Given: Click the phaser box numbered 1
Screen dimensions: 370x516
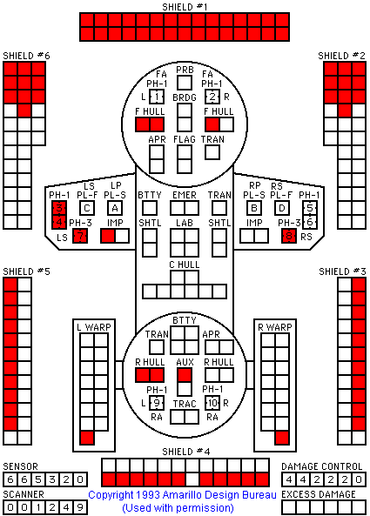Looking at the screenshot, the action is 157,97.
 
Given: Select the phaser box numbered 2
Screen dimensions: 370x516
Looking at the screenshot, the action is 212,97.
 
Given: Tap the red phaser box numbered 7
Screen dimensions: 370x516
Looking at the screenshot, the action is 80,237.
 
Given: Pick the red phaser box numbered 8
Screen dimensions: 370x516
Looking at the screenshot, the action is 289,237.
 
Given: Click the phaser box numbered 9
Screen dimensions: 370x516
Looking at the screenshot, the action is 157,403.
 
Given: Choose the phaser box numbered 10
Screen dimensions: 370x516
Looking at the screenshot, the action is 212,403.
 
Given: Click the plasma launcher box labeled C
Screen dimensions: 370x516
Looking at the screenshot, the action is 87,208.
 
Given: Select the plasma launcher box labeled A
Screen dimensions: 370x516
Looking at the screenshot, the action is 115,208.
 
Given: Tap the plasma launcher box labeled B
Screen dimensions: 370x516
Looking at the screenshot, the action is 254,208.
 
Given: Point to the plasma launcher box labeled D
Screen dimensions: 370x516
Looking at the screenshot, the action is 282,208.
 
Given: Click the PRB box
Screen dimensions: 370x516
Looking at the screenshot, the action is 185,83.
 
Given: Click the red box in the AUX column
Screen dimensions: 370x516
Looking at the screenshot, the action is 185,375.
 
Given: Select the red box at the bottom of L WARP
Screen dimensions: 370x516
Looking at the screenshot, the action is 87,438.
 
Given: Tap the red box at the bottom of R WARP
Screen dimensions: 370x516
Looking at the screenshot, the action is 282,438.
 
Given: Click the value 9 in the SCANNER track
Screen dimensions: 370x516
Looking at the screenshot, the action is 80,507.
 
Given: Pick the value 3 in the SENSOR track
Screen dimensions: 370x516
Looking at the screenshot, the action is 52,479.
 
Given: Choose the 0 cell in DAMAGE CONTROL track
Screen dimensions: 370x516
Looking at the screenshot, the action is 359,479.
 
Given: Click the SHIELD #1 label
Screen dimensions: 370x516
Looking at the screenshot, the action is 185,7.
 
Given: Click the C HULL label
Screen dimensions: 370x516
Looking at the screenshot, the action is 185,265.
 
